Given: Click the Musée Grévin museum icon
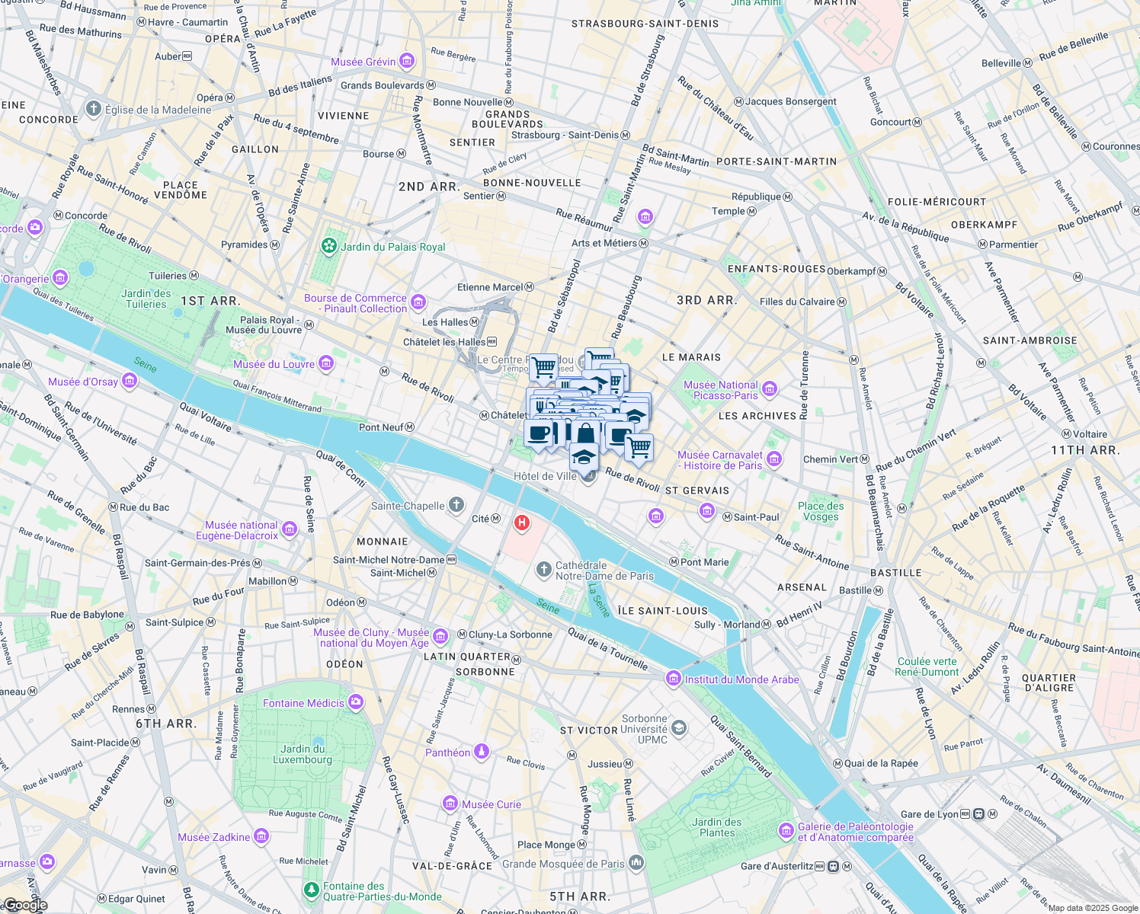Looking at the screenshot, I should coord(407,61).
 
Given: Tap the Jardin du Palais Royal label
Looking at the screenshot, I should coord(392,247).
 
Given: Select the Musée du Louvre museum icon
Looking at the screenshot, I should coord(326,363).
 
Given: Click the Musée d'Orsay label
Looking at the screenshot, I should coord(82,382).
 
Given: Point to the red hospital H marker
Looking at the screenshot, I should coord(522,523).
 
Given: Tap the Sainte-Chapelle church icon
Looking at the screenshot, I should coord(456,505).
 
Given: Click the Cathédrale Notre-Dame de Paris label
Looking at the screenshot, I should coord(604,570).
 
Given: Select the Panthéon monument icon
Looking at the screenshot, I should coord(481,752).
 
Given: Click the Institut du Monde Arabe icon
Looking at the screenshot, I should coord(673,679).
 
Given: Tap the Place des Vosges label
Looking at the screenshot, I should coord(821,511).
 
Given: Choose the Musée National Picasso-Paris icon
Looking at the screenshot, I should coord(770,390).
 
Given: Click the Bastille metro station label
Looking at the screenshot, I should coord(855,590).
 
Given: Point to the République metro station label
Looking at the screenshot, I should coord(756,197).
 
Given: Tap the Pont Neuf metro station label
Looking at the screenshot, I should coord(381,427).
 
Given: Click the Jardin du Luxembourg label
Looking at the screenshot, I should coord(303,754).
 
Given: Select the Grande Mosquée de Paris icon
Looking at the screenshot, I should coord(636,863).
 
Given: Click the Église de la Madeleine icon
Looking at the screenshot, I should coord(94,109).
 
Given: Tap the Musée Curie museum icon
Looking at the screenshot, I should coord(450,804).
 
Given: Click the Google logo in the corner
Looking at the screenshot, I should coord(24,905).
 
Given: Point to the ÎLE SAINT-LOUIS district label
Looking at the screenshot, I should coord(662,611).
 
